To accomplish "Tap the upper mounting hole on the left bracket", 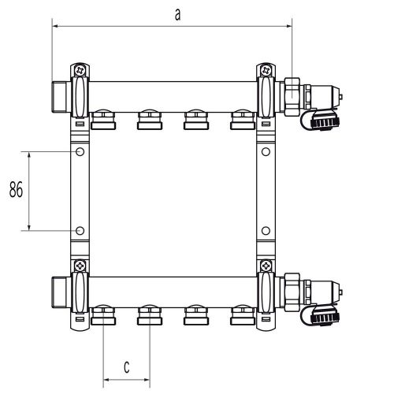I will [x=80, y=151].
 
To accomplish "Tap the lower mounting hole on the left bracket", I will [x=80, y=230].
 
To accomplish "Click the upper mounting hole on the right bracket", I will [x=266, y=151].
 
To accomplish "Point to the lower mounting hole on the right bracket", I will [x=266, y=230].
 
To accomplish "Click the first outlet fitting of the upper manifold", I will [x=103, y=120].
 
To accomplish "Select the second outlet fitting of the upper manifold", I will [x=149, y=120].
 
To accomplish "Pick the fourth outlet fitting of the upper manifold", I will [x=241, y=120].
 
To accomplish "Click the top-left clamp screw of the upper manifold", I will [x=80, y=70].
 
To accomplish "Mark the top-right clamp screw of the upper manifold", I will [x=266, y=70].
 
